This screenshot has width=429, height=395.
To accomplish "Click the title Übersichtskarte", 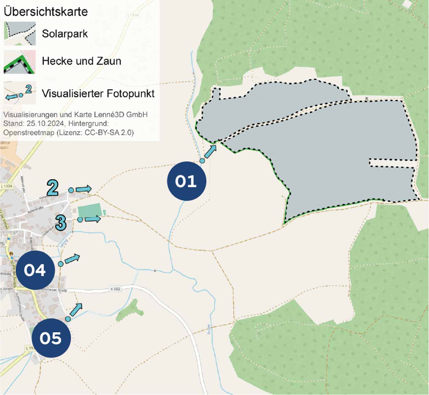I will pos(46,12).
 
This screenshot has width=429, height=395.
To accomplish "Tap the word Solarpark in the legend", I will pos(65,34).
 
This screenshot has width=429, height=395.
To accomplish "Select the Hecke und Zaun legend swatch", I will pos(19,62).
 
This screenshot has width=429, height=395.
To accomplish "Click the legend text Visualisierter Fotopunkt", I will pos(98,94).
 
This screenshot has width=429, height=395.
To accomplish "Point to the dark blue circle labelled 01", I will pos(186,181).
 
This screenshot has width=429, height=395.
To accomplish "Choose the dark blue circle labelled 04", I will pos(35,270).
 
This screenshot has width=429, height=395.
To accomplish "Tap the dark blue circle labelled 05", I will pos(51,338).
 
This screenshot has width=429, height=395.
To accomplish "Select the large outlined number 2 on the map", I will pos(53,188).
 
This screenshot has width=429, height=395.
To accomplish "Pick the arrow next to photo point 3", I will pos(93,219).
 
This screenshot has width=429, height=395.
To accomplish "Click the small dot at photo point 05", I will pos(68,319).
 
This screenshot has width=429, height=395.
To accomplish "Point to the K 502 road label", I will pos(115,289).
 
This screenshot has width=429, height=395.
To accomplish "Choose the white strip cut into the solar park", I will pos(393,163).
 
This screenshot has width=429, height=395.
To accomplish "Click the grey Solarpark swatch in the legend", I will pos(19,33).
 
